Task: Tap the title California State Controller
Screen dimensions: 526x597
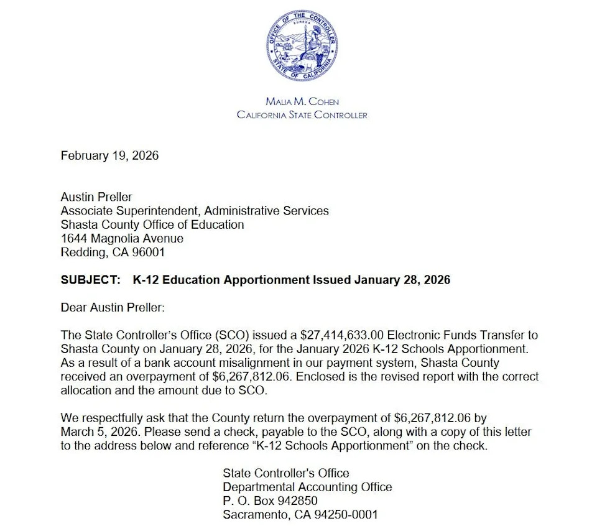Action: (302, 115)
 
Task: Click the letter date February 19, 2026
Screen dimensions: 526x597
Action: (109, 155)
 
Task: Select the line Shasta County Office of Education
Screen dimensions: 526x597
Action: (152, 224)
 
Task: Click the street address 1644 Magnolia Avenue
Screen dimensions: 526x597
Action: (122, 239)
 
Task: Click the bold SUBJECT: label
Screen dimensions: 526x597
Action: (91, 280)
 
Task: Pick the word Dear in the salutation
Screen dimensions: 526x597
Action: (73, 307)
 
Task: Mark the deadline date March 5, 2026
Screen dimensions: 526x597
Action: (97, 432)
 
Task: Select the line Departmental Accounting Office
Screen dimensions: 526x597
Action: (307, 487)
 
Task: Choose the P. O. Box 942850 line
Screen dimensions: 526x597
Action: (271, 501)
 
